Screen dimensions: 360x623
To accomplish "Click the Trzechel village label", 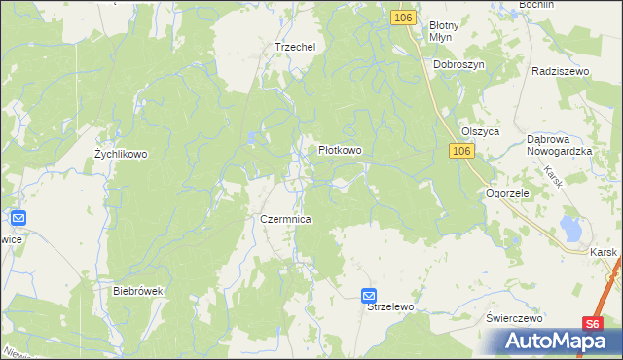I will coord(296,47).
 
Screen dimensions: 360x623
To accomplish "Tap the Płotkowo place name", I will coord(341,151).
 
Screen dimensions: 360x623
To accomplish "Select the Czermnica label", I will coord(285,220).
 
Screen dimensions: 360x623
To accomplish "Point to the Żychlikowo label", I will coord(120,154).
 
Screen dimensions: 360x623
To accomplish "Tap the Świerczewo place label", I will coord(514,318).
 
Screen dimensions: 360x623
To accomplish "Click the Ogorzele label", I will coord(507,194).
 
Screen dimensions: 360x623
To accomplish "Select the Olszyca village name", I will coord(480,131).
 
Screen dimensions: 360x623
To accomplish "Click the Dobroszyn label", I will coord(459,64).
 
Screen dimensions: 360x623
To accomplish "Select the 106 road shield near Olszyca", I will coord(461,151).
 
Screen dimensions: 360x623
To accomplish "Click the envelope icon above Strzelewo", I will coord(369,295).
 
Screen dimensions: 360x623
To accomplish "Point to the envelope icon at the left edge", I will coord(18,220).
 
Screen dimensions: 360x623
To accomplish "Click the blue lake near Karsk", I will coord(570,232).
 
